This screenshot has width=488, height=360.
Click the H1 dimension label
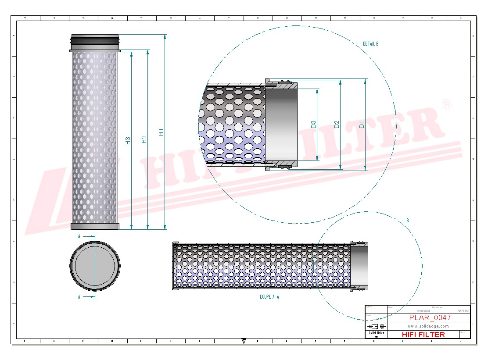[161, 131]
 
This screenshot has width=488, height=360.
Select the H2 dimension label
[144, 139]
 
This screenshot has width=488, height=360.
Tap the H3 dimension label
[128, 141]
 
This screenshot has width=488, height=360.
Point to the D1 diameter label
[362, 125]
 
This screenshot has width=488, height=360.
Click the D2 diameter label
[337, 125]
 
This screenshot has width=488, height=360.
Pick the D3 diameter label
[313, 125]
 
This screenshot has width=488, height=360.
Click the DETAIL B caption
[370, 44]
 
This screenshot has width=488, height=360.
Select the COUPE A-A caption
[269, 297]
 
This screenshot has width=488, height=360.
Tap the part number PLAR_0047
[430, 317]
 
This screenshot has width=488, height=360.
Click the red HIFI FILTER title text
[423, 335]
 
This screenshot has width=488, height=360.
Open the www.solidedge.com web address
[428, 326]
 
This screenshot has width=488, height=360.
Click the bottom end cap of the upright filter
[95, 226]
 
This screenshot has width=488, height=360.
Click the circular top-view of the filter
[95, 266]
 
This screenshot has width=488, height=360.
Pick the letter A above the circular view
[79, 236]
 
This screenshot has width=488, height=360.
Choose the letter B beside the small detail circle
[407, 221]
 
